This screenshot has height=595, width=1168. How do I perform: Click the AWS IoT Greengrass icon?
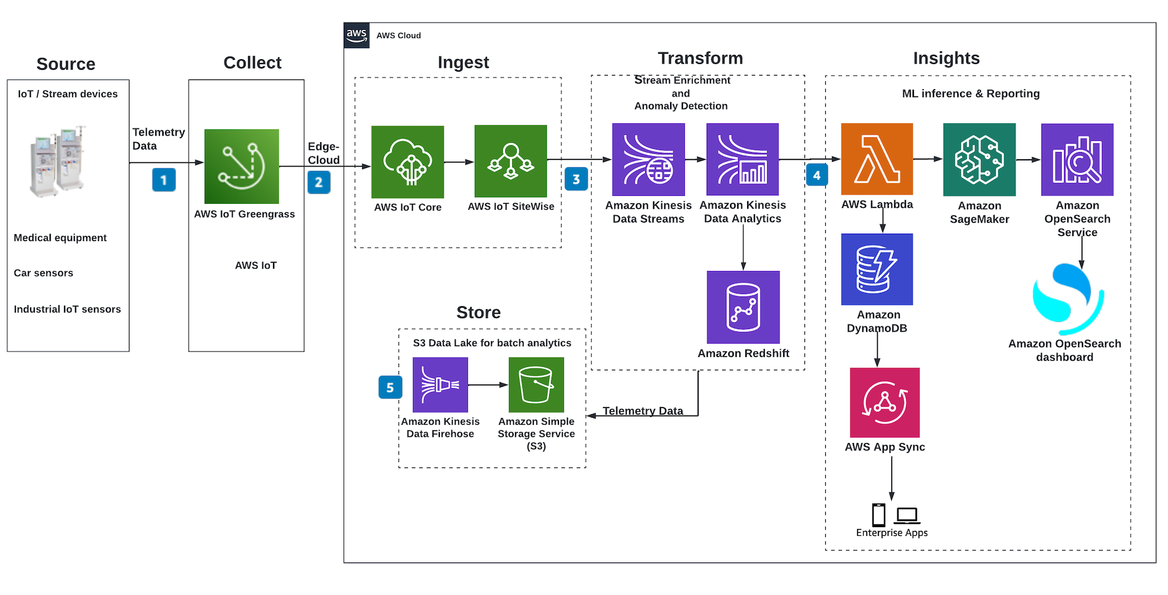coord(241,166)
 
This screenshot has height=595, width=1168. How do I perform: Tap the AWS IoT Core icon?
coord(407,162)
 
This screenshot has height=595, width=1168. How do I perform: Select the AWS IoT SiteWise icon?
coord(511,161)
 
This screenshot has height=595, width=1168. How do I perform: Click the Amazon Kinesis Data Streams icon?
coord(648,159)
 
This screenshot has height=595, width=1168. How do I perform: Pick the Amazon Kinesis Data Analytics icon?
coord(742,159)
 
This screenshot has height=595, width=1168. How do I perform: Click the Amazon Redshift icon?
coord(743,307)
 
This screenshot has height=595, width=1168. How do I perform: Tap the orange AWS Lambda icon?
coord(877,159)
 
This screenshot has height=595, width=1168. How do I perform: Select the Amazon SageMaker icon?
coord(979,159)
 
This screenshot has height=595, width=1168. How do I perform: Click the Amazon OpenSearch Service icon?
coord(1077,159)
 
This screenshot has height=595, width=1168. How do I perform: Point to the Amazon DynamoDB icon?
coord(877,269)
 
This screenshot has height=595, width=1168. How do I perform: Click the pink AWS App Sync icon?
coord(885,402)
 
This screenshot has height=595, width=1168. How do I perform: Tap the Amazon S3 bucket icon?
coord(536,384)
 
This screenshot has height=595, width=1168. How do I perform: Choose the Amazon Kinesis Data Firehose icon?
coord(440,384)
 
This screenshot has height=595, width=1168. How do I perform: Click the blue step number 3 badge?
coord(576,179)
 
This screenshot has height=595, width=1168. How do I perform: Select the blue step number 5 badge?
coord(390,387)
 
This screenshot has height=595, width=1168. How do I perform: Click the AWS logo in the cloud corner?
coord(357,35)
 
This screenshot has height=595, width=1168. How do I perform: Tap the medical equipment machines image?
coord(57,161)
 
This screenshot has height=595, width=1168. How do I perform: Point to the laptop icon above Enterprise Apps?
coord(907,516)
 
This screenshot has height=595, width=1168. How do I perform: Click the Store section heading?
coord(478,312)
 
